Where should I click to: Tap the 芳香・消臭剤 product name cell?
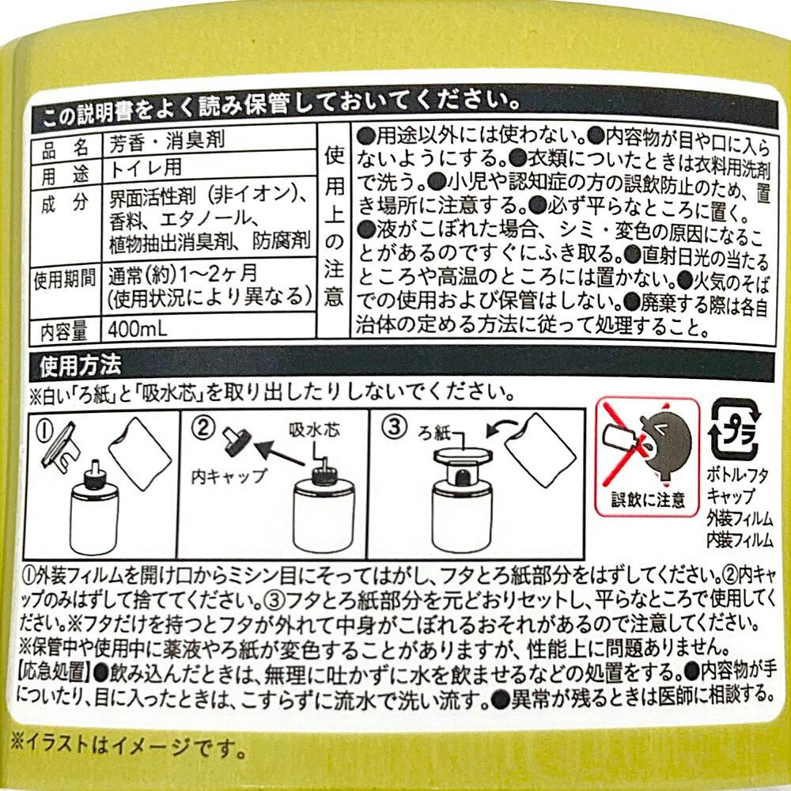pos(167,140)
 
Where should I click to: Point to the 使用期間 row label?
pos(65,279)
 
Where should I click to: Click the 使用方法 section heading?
pos(81,365)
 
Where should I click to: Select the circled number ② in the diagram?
pos(203,428)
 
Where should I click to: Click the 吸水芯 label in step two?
pos(315,430)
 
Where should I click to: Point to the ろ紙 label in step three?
pos(433,433)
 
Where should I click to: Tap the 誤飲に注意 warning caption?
pos(649,499)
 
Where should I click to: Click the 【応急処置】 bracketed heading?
pos(54,672)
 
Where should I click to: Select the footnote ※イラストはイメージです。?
pos(129,746)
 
